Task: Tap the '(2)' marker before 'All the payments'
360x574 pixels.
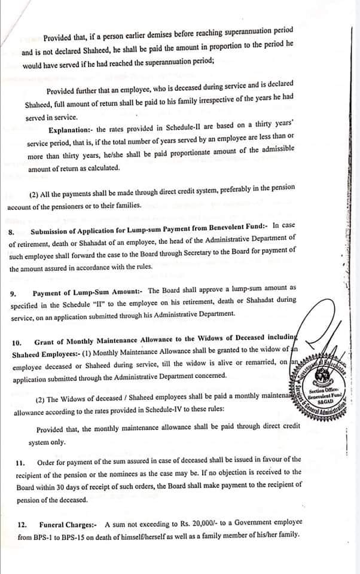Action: (x=34, y=196)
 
